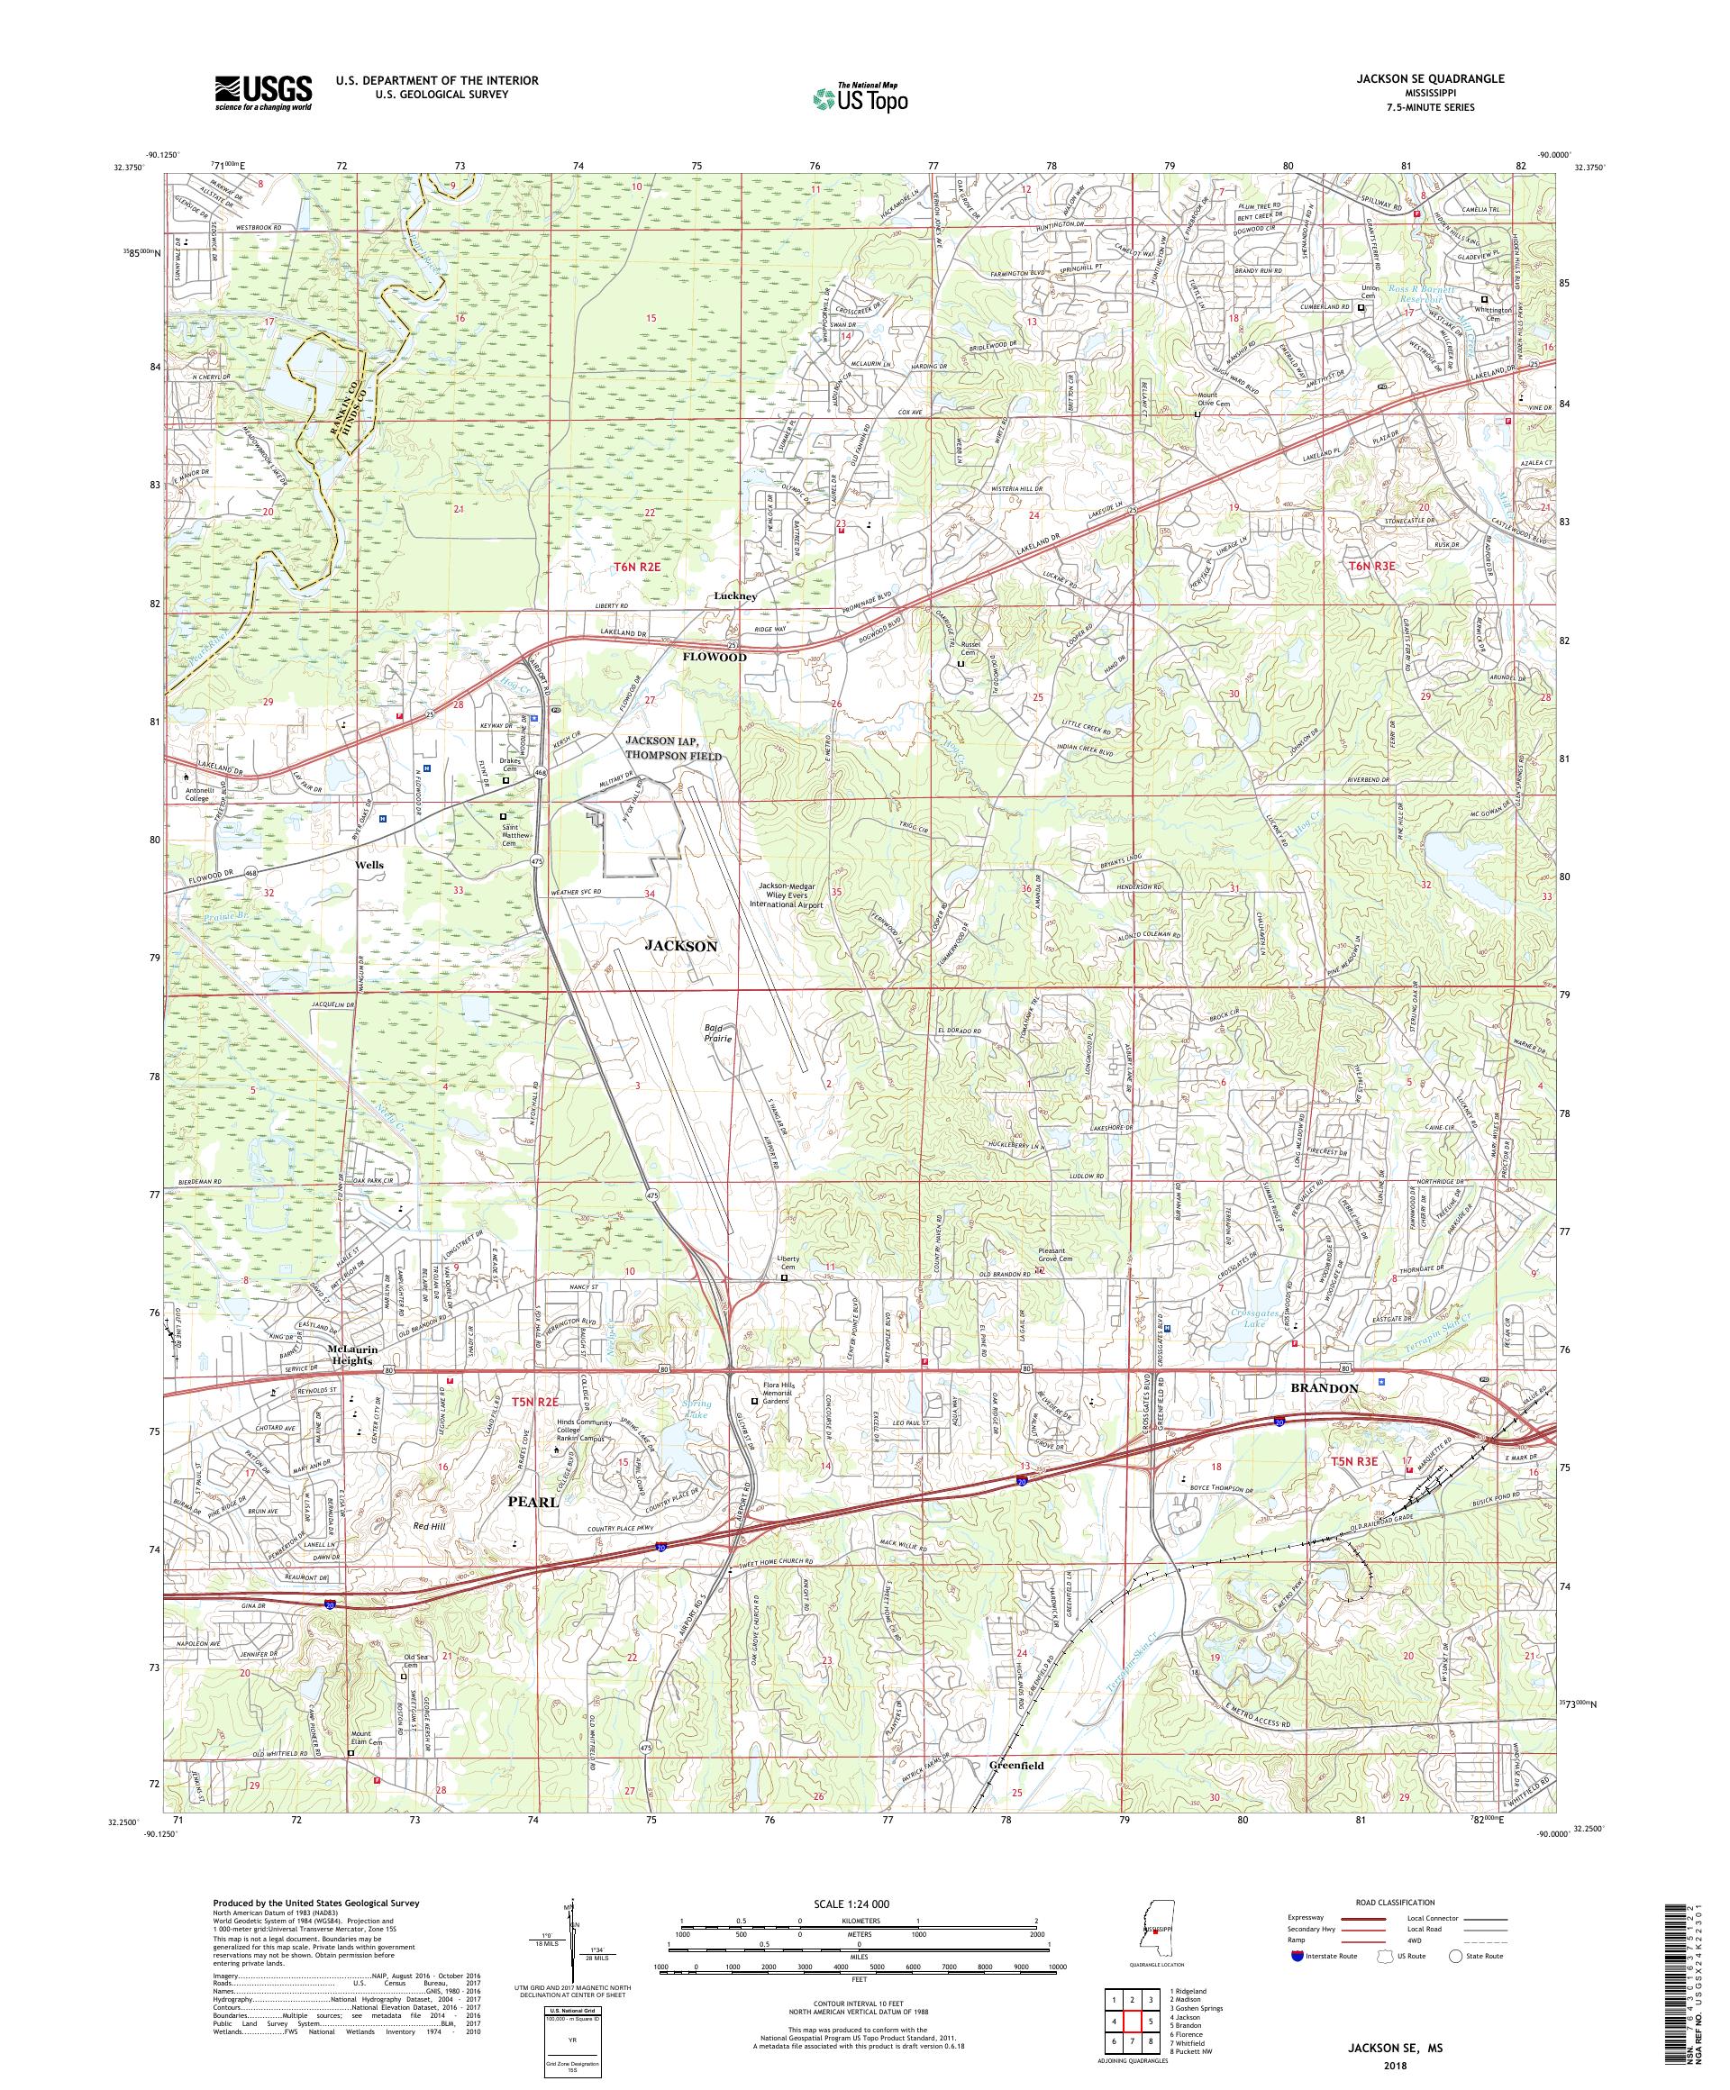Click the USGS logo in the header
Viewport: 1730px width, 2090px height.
click(264, 93)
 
